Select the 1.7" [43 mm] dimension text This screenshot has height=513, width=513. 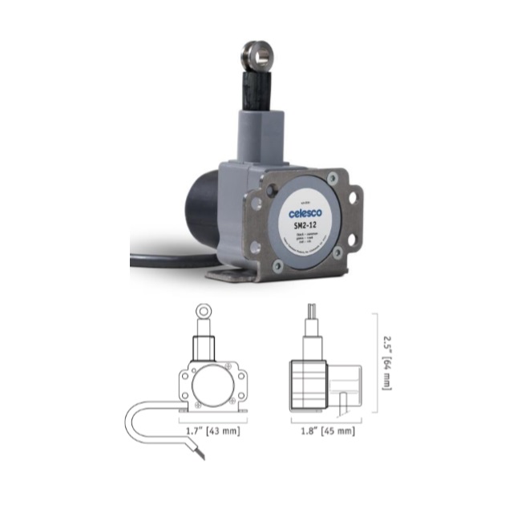pos(212,431)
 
